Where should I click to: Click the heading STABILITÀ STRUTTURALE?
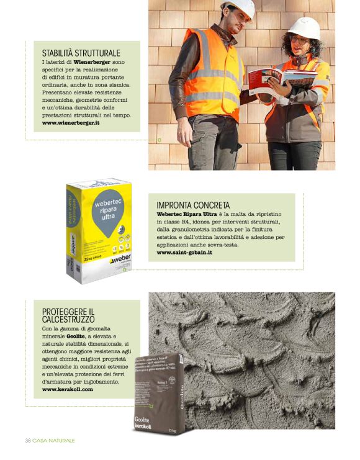click(81, 53)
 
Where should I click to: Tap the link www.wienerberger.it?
click(71, 123)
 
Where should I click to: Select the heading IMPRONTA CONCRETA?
click(193, 205)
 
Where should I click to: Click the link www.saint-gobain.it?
click(184, 253)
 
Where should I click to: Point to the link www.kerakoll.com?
click(68, 389)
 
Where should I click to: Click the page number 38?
click(28, 440)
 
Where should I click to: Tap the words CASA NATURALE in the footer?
click(54, 440)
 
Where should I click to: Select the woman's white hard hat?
click(304, 27)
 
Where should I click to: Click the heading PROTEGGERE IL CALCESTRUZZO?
click(68, 315)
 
